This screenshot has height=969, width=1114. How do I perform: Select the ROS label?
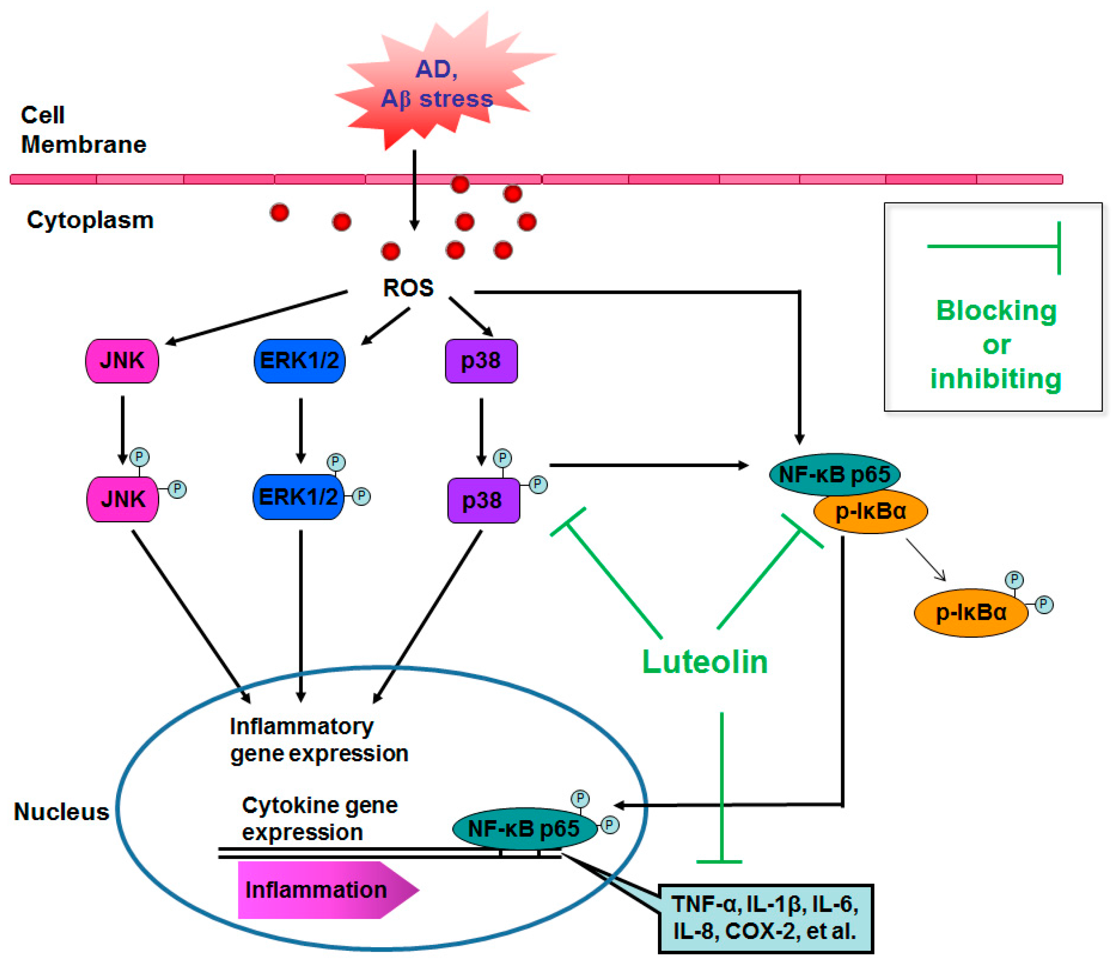(x=408, y=288)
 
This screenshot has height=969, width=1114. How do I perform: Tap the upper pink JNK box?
(x=122, y=361)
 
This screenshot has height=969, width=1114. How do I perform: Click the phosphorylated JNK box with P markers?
(x=123, y=498)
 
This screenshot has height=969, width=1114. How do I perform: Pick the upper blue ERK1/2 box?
(x=299, y=361)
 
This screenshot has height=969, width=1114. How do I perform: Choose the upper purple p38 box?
(x=481, y=361)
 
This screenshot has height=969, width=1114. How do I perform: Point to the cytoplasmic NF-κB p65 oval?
(x=834, y=474)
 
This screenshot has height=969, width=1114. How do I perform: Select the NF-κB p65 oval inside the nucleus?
(x=524, y=828)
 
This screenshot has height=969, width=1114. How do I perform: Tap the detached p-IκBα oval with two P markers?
(x=971, y=612)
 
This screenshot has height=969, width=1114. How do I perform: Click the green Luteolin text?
(x=704, y=661)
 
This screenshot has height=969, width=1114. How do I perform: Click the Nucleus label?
(x=61, y=812)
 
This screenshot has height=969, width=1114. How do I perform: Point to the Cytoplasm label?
(x=90, y=220)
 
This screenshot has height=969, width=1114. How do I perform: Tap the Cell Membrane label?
(x=83, y=130)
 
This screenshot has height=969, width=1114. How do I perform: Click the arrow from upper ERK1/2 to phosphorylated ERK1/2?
(x=301, y=431)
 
